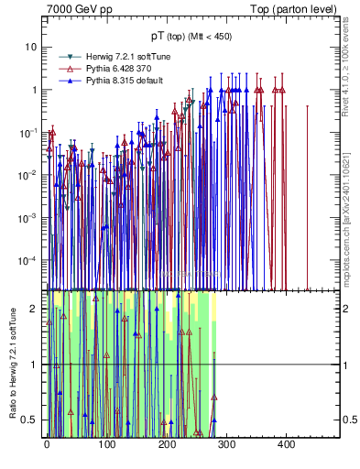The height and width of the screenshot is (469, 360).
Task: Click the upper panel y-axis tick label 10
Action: pos(31,48)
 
